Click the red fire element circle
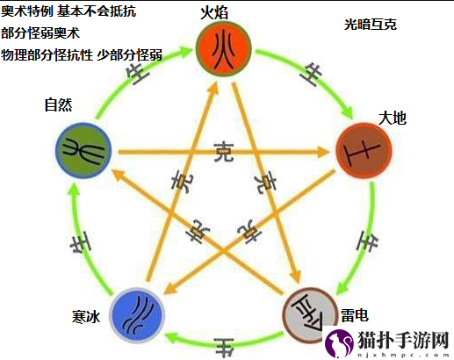coord(224,49)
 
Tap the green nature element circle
coord(83,150)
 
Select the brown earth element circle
coord(364,150)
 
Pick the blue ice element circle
coord(137,314)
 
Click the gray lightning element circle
coord(309,314)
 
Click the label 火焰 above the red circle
coord(214,12)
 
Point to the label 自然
coord(58,104)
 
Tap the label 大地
coord(393,119)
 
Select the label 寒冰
coord(86,317)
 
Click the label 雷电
coord(355,315)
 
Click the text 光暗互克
coord(371,25)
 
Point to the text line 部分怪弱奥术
coord(40,33)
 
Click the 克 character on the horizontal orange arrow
coord(224,152)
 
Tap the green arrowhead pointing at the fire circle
coord(184,51)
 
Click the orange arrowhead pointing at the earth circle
coord(323,152)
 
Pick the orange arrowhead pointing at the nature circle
coord(119,175)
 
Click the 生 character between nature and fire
coord(138,73)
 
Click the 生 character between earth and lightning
coord(367,241)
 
